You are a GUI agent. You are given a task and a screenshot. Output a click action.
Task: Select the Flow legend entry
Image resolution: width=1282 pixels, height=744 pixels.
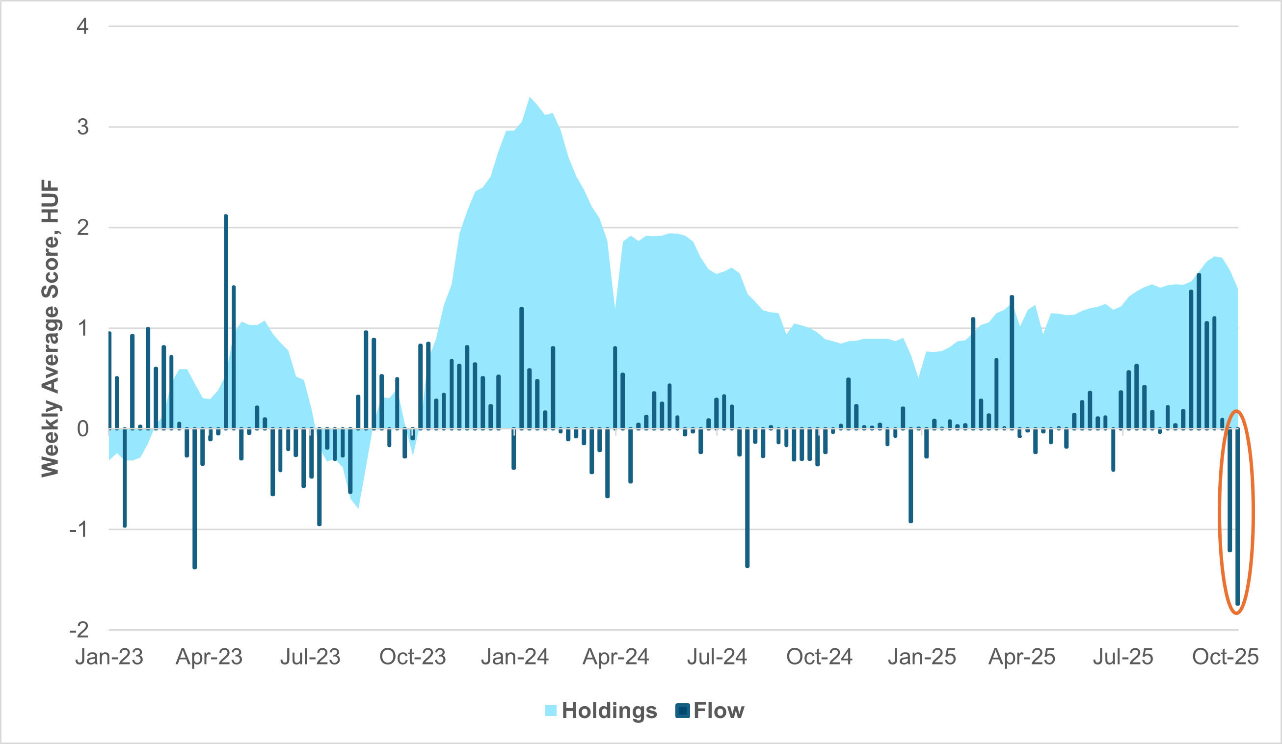pos(710,711)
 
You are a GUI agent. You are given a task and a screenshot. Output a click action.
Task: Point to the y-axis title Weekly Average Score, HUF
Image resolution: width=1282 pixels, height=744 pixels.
pos(51,328)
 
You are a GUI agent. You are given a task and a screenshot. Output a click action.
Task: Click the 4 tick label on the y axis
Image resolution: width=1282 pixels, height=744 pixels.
pos(82,26)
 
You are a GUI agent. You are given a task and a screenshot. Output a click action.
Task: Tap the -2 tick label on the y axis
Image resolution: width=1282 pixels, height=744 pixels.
pos(80,630)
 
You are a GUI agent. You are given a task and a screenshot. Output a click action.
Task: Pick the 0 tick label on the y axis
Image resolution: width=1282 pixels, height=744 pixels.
pos(82,429)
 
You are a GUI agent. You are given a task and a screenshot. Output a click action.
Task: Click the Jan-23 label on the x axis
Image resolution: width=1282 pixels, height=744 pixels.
pos(109,657)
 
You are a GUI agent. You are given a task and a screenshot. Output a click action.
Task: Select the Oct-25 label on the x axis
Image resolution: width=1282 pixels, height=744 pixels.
pos(1225,657)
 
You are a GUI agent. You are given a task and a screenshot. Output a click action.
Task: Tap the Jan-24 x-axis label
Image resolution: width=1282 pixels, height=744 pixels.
pos(514,657)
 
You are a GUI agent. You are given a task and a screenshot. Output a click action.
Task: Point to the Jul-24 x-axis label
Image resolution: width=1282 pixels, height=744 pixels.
pos(717,657)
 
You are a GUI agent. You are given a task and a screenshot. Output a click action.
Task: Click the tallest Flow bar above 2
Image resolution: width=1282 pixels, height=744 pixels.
pos(226,320)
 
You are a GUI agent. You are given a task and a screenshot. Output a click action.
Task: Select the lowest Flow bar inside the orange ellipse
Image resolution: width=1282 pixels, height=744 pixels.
pos(1238,516)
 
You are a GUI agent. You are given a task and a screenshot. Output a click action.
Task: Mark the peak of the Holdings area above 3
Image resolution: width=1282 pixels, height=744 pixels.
pos(530,98)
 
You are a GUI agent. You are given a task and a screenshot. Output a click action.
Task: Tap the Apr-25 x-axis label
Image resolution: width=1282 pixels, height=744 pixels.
pos(1021,657)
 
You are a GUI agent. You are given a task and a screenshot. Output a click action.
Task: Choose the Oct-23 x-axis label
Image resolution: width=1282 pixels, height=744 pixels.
pos(413,657)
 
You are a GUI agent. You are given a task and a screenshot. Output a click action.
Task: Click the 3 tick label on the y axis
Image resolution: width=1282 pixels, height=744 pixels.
pos(82,127)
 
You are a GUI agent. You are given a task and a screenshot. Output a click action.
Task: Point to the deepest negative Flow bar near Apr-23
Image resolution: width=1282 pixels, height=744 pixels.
pos(195,499)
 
